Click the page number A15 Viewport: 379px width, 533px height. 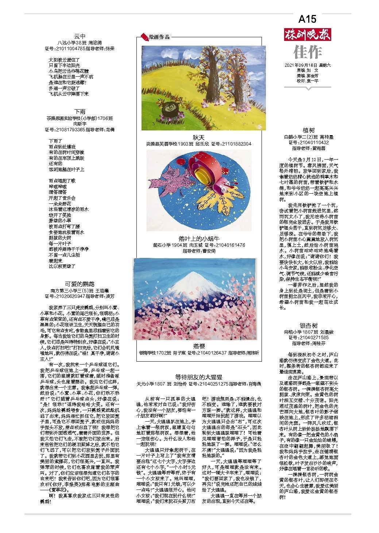click(307, 19)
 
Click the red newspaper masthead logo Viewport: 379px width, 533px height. click(307, 35)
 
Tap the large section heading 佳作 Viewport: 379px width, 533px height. click(307, 52)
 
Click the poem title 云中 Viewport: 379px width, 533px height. click(80, 37)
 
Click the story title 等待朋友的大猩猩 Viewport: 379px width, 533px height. click(199, 377)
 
